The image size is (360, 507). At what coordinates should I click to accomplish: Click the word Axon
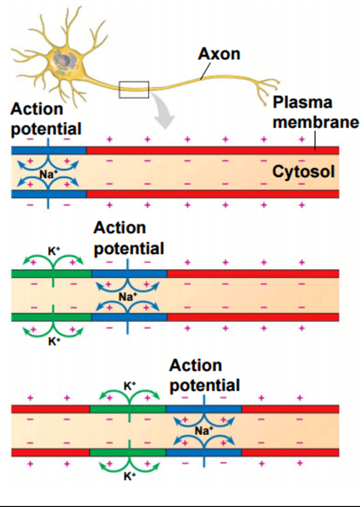219,54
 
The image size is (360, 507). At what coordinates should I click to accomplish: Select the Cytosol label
303,172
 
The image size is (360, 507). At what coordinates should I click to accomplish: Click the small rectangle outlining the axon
133,89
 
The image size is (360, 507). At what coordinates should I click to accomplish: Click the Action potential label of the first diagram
46,119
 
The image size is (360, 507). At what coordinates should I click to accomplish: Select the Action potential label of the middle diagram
128,238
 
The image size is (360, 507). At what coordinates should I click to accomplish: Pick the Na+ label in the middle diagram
127,297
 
